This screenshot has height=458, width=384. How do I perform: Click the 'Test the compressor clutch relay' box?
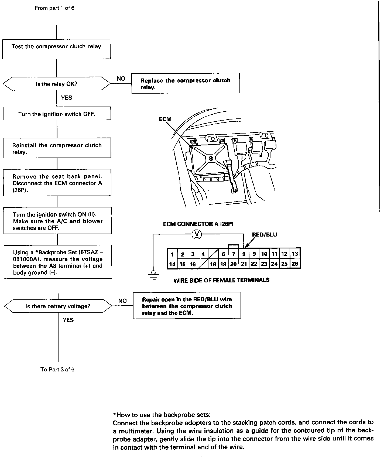[56, 49]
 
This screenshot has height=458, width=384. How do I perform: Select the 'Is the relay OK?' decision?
[57, 84]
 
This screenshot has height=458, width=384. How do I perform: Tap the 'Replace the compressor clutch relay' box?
[186, 84]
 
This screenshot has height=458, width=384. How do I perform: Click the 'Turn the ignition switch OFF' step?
[57, 114]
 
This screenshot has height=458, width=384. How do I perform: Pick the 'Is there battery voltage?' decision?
[58, 306]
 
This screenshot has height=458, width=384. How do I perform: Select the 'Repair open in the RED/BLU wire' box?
[187, 306]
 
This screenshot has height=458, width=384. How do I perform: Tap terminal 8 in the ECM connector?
[244, 254]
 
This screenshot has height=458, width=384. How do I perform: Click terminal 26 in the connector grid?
[295, 264]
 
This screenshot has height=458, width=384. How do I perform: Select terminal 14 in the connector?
[172, 264]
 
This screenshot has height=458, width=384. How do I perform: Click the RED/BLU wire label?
[264, 235]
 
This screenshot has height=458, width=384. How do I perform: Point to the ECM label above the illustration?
[165, 119]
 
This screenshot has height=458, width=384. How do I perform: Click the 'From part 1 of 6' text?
[54, 8]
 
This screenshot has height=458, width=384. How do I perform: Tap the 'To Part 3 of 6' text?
[57, 370]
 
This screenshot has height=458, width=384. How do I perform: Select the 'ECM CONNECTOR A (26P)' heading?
[198, 224]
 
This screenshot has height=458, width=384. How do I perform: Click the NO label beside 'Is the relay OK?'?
[121, 78]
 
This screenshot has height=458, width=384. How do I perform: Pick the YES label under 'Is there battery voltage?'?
[68, 320]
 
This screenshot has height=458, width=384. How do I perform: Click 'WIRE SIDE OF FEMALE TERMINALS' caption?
[221, 280]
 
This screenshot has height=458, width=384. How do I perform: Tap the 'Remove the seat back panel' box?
[57, 183]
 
